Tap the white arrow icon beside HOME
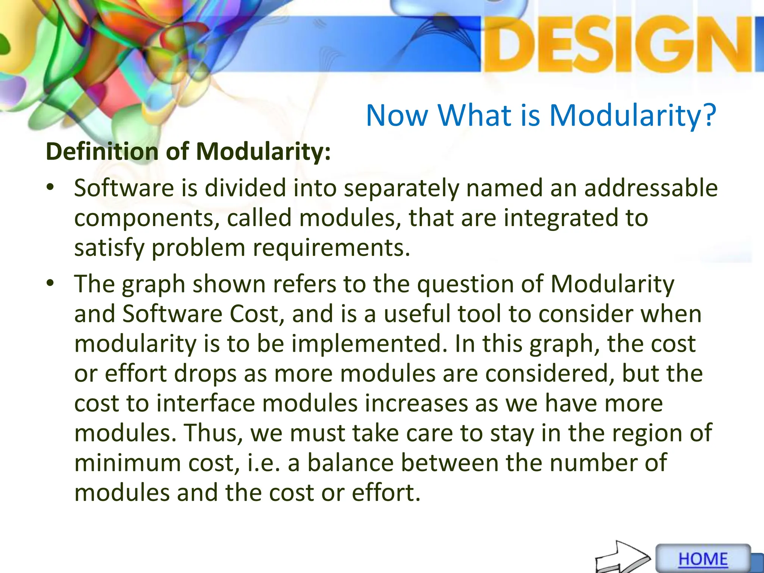622,558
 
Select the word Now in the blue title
397,115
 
